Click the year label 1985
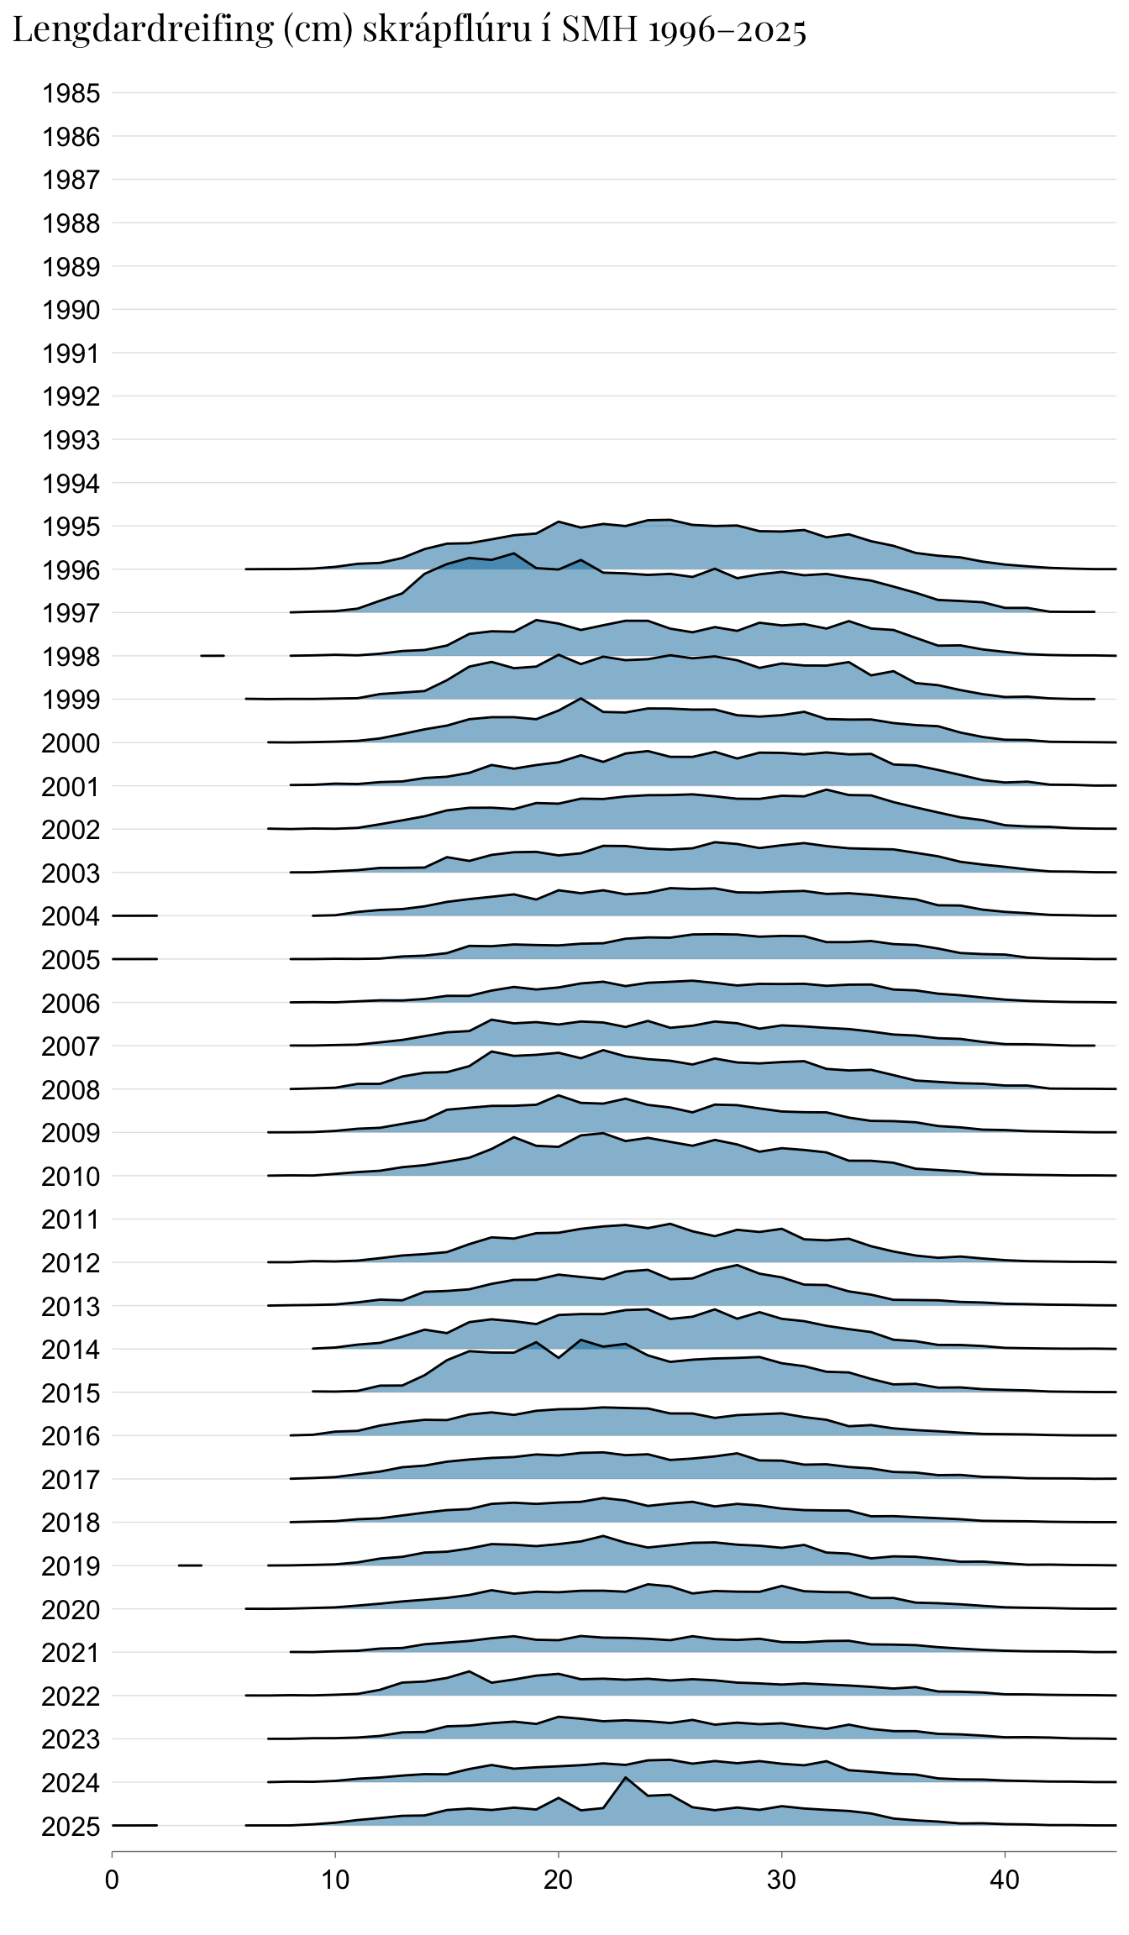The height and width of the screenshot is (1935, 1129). point(71,93)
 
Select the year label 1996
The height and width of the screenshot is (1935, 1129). point(71,570)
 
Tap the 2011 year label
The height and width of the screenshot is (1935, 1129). point(71,1219)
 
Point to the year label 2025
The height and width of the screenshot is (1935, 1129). point(71,1827)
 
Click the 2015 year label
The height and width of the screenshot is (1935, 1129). point(71,1393)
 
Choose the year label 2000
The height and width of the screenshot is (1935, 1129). point(71,743)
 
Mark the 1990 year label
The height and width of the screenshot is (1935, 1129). point(71,310)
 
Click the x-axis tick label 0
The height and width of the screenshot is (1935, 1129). point(112,1880)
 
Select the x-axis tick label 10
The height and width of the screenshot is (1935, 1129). point(335,1880)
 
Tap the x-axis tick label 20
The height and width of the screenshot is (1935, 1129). point(558,1880)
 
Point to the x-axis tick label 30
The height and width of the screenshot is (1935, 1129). point(781,1880)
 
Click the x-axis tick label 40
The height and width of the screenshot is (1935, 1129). point(1005,1880)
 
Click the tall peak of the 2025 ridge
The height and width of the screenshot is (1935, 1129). point(625,1777)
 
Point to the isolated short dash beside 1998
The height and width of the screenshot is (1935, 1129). point(213,655)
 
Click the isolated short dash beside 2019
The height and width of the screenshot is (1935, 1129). point(190,1565)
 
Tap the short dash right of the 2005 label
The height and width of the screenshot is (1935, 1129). point(135,958)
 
